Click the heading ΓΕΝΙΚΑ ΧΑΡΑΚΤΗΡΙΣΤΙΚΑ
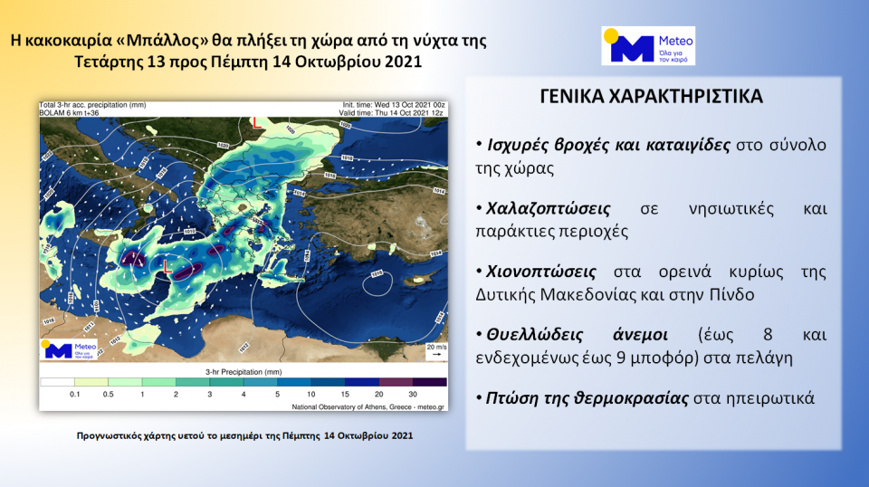tap(651, 97)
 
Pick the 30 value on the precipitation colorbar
tap(414, 395)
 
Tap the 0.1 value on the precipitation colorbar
tap(74, 395)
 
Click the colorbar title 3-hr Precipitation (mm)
tap(244, 372)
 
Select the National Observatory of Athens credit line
tap(369, 408)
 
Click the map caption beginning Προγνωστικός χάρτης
tap(244, 436)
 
